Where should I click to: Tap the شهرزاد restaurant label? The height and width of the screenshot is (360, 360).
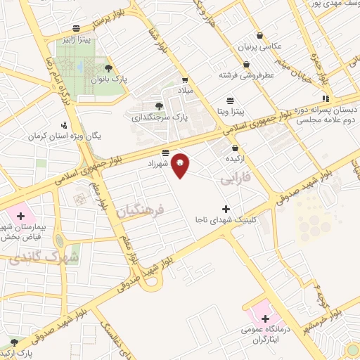[160, 162]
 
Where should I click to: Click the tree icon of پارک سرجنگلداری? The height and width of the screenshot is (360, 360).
[158, 106]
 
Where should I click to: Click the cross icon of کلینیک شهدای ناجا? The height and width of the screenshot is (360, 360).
[225, 208]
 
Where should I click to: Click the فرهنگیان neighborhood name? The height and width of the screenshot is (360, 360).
[140, 210]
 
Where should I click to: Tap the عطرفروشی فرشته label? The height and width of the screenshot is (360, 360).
[245, 75]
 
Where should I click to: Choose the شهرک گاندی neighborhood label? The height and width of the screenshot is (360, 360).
[34, 259]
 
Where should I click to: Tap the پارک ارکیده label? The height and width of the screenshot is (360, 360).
[25, 351]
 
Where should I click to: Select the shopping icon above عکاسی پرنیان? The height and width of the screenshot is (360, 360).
[261, 35]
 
